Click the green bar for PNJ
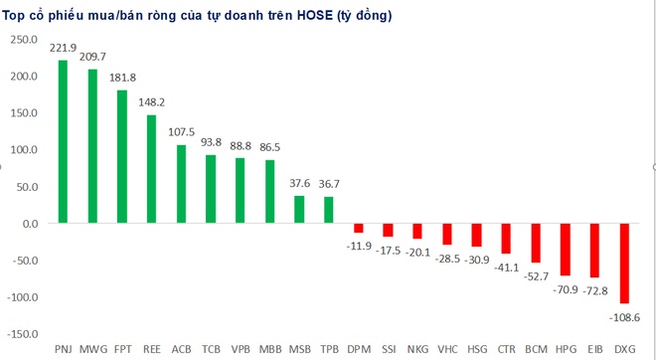point(63,141)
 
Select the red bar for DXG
point(624,263)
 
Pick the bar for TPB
point(329,210)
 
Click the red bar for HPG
point(566,249)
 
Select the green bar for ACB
point(181,184)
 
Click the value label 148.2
point(151,102)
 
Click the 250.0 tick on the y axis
point(23,40)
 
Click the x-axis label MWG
point(92,350)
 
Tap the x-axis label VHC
point(447,350)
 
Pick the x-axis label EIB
point(594,350)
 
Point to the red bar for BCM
point(536,243)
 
